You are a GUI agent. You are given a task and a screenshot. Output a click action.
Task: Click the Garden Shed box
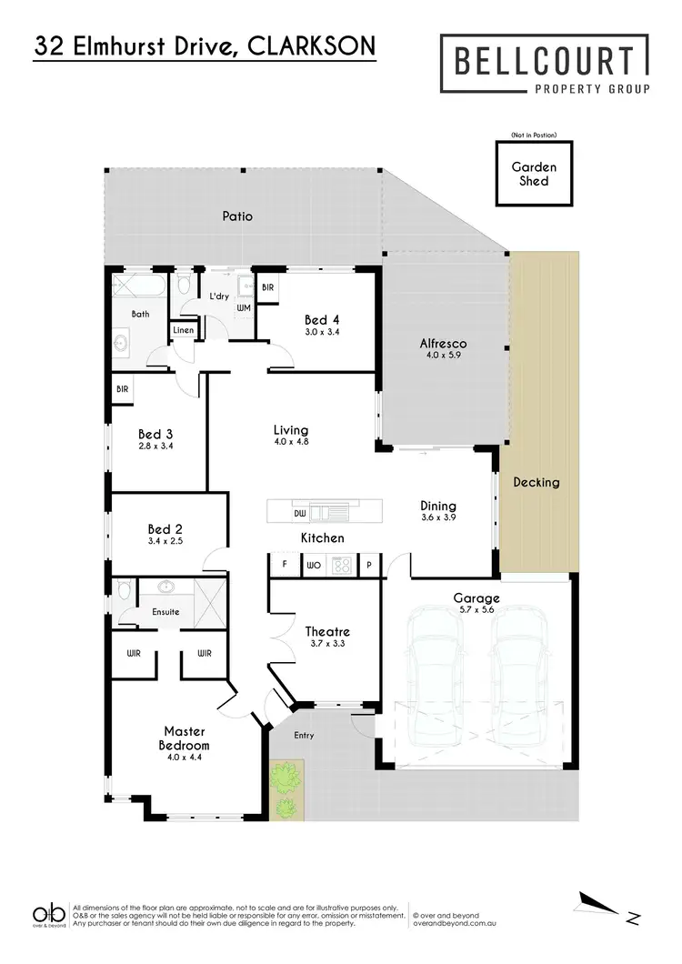tap(528, 175)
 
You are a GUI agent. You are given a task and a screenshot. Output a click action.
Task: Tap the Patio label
tap(237, 216)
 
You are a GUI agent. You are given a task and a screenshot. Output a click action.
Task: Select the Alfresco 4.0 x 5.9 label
tap(443, 349)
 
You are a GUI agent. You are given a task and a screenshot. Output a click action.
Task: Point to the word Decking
tap(536, 482)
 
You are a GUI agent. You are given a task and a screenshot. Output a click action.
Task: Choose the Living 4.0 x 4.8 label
tap(291, 436)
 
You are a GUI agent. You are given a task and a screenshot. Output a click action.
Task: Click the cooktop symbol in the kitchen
tap(343, 565)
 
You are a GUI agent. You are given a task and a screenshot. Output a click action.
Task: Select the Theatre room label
tap(327, 638)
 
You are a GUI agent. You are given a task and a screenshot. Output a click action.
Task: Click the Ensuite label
tap(165, 612)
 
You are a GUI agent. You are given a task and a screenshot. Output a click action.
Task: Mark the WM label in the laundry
tap(243, 308)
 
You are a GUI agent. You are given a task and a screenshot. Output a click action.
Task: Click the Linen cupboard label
tap(183, 330)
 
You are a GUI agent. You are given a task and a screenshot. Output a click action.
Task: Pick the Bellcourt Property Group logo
tap(546, 65)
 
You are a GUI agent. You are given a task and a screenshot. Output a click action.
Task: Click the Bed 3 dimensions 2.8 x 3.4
tap(155, 447)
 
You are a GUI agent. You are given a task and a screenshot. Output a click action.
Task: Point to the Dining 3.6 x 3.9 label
tap(437, 512)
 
